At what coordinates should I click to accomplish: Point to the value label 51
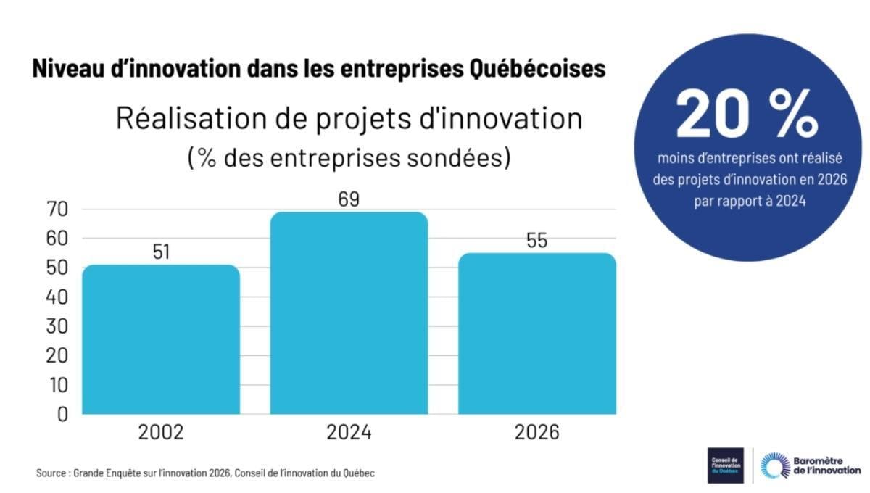coord(160,252)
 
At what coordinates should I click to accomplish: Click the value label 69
coord(349,199)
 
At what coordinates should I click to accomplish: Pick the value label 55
coord(537,240)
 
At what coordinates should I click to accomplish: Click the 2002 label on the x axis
coord(160,433)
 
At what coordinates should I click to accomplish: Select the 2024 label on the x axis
coord(349,433)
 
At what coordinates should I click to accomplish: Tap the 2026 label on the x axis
coord(537,433)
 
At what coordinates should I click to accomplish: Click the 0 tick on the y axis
coord(62,414)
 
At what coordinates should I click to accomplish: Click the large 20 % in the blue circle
coord(747,116)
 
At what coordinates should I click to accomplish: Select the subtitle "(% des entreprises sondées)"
coord(349,157)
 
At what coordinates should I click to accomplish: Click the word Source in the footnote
coord(51,473)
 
